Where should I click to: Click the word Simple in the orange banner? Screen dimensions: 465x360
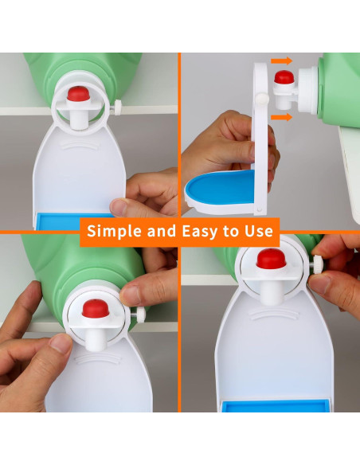tap(112, 232)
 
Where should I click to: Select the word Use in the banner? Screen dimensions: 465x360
tap(258, 232)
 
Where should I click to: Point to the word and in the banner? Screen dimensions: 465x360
tap(158, 232)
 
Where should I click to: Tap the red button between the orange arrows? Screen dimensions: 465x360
tap(284, 78)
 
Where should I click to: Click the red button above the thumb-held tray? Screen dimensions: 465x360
tap(77, 94)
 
